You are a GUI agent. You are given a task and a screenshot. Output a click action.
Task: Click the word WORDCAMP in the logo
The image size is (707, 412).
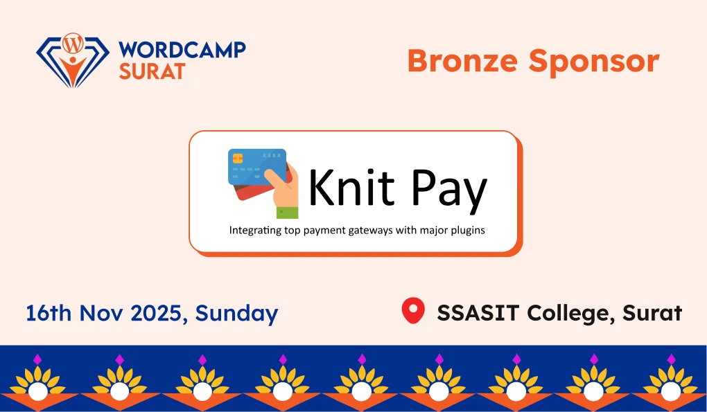[x=182, y=51]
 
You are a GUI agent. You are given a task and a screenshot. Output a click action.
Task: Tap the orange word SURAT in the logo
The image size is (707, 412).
[x=152, y=71]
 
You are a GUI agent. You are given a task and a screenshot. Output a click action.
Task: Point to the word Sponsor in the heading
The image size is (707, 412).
[x=594, y=62]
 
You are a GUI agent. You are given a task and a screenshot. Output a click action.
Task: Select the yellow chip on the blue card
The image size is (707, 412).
[x=237, y=158]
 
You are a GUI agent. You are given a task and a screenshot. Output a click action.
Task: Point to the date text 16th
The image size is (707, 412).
[x=49, y=313]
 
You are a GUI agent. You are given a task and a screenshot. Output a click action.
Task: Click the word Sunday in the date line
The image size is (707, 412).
[x=236, y=314]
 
